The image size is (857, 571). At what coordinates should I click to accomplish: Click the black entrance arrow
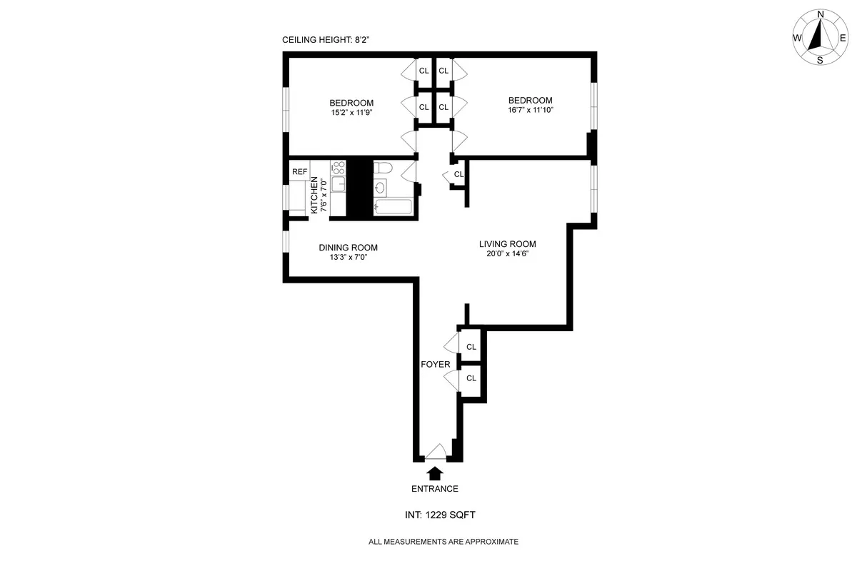tap(434, 473)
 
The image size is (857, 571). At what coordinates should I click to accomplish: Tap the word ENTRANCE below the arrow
tap(434, 489)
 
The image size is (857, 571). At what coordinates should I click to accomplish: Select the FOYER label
tap(435, 364)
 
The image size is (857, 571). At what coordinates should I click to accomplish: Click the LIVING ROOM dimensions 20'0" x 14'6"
tap(507, 253)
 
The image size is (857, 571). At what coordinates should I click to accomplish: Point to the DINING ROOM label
tap(348, 248)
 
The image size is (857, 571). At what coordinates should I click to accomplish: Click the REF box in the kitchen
tap(299, 172)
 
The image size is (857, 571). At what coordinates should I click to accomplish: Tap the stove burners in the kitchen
tap(338, 168)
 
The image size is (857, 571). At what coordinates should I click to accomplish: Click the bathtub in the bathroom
tap(394, 208)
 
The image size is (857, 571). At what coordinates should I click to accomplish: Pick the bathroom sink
tap(380, 188)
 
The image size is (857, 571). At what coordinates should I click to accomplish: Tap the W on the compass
tap(796, 38)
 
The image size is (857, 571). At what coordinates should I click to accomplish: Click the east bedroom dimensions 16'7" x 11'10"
tap(530, 110)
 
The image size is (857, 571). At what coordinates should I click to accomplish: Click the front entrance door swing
tap(436, 451)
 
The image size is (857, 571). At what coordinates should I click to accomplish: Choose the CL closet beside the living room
tap(458, 174)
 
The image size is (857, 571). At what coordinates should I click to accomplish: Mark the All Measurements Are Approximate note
tap(443, 542)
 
